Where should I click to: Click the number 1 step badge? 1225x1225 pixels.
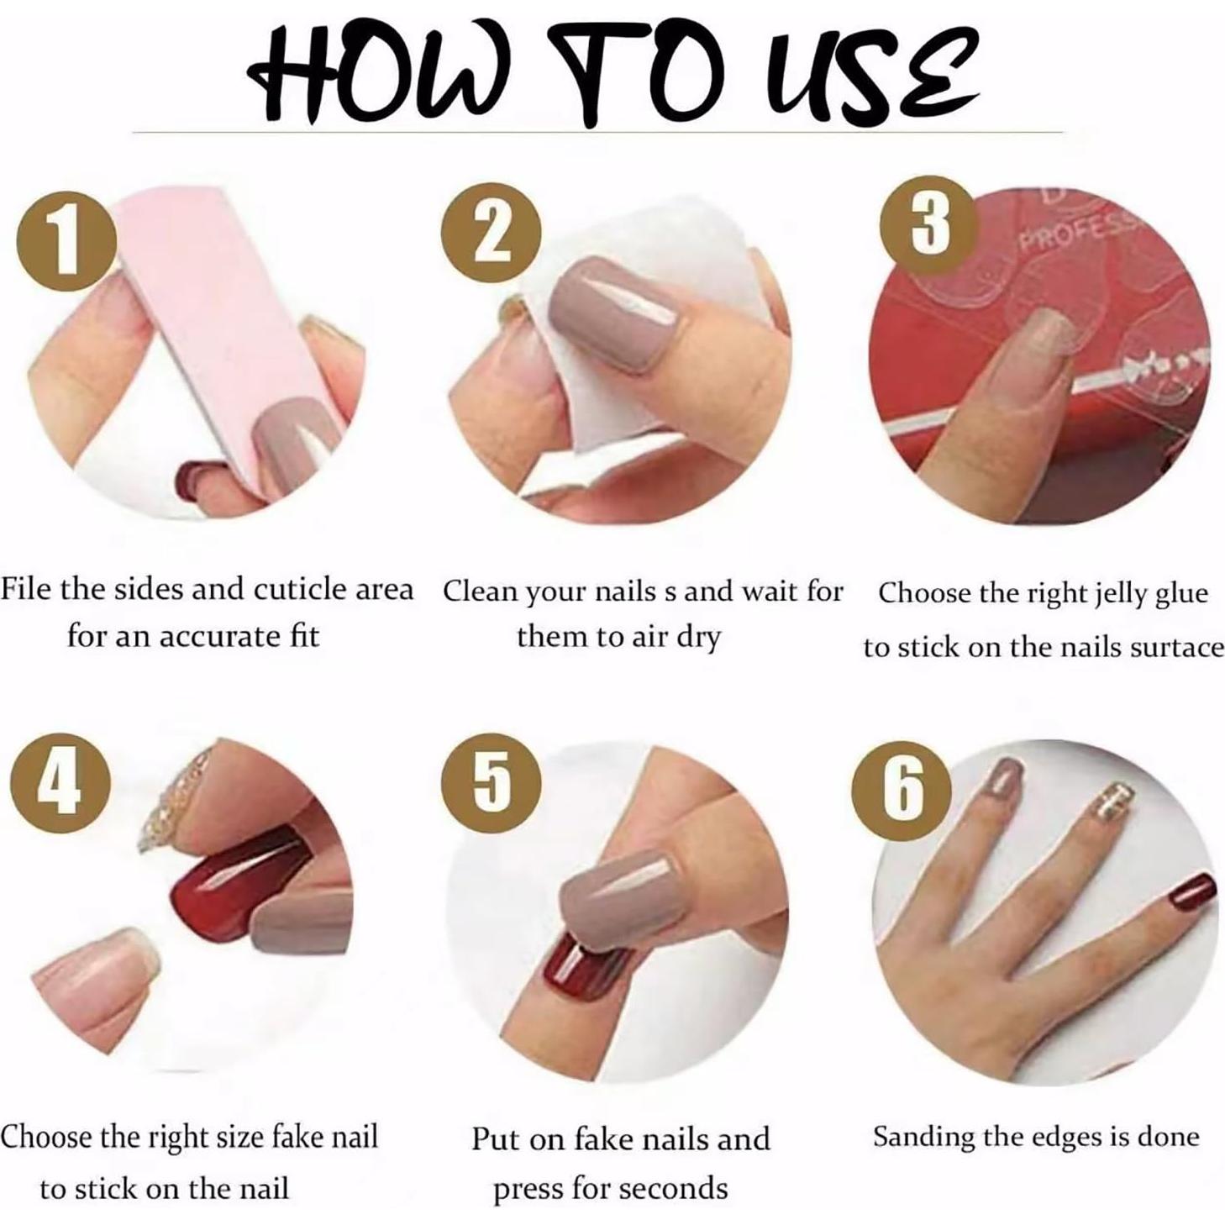click(x=66, y=242)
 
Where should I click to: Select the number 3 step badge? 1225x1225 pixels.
click(x=928, y=223)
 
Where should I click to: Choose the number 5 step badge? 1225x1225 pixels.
click(x=492, y=782)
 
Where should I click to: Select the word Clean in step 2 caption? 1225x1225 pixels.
click(x=481, y=592)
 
